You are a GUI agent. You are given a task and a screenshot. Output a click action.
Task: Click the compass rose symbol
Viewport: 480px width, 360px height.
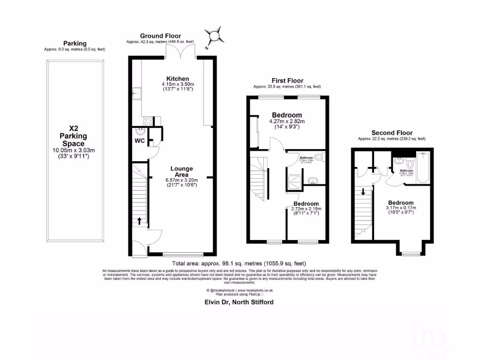pos(214,36)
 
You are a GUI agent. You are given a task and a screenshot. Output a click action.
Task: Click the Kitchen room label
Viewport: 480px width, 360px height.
pos(178,78)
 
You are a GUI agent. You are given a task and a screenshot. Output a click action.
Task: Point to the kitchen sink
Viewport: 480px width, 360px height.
pos(136,94)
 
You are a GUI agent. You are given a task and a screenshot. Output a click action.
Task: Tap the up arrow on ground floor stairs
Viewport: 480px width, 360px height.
pos(139,220)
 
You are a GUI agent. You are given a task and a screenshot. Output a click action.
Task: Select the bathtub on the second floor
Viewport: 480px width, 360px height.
pos(422,168)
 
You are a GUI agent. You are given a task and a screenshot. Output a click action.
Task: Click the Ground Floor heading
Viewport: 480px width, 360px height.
pos(160,36)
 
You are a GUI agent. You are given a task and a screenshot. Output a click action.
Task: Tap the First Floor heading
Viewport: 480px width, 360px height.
pos(287,81)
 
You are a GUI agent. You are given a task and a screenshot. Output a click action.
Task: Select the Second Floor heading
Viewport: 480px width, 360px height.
pos(391,133)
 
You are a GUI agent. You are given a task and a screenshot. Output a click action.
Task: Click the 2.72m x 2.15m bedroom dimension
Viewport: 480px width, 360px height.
pos(307,208)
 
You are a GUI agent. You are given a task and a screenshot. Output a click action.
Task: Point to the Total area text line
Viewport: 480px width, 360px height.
pos(239,263)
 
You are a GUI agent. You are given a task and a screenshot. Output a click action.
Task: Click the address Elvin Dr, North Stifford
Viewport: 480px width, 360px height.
pos(239,302)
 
